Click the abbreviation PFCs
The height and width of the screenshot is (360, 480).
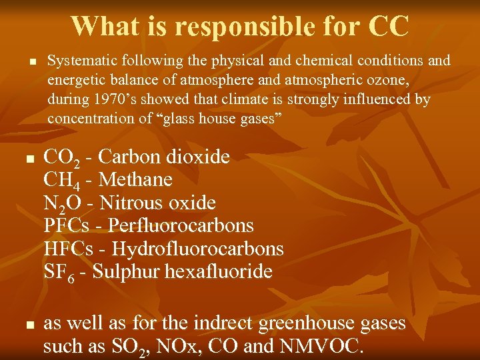coord(66,225)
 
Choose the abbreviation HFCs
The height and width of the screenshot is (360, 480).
coord(67,249)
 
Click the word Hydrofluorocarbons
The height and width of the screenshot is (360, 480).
coord(198,249)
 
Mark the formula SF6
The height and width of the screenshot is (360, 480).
coord(60,273)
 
